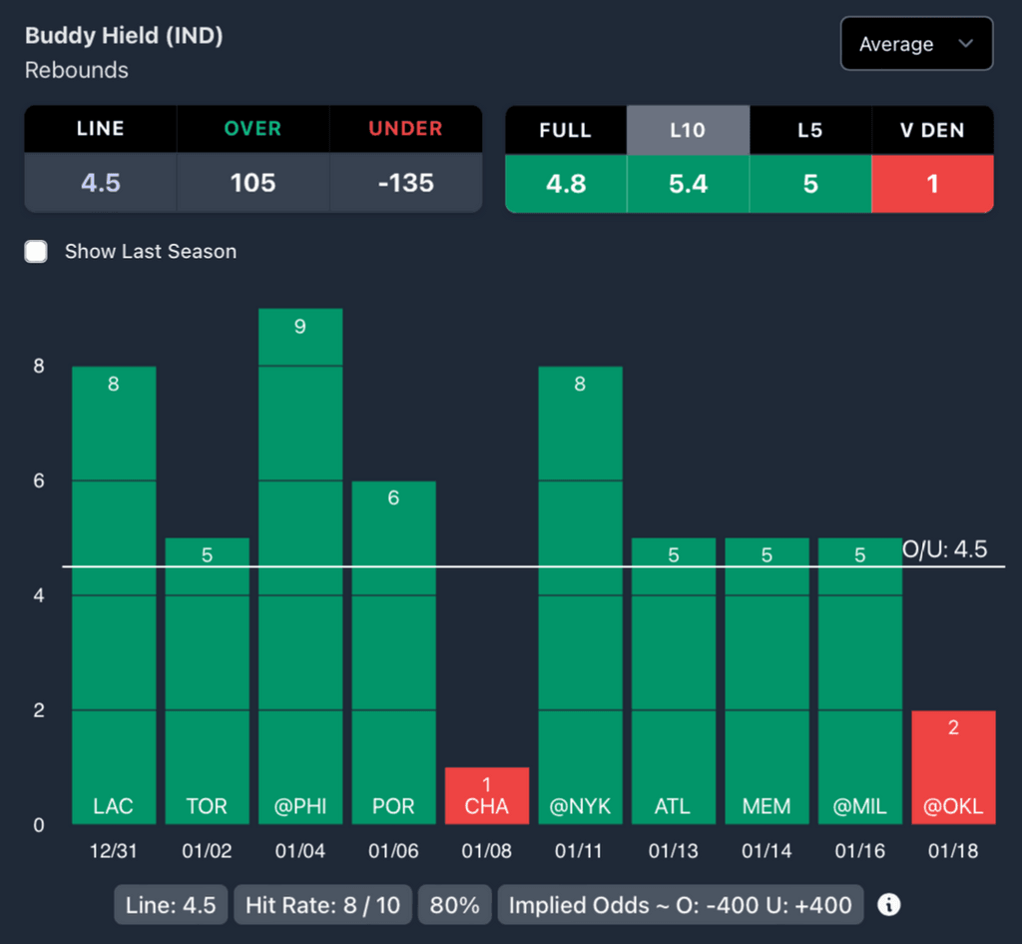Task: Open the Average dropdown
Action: [x=916, y=44]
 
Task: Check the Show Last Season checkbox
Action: [x=37, y=252]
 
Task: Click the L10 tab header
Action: [x=688, y=130]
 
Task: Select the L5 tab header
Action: [x=809, y=130]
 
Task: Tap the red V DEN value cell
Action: [x=932, y=184]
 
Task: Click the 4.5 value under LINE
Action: [x=101, y=183]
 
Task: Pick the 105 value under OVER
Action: [x=253, y=183]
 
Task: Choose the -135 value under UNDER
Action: [x=405, y=183]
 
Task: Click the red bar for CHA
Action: [x=487, y=795]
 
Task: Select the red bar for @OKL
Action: [x=953, y=767]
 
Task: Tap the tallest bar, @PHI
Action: [x=300, y=565]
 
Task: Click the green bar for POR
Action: [x=393, y=651]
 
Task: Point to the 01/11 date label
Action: [x=580, y=851]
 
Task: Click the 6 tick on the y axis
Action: [x=39, y=480]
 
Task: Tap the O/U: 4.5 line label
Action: [x=944, y=548]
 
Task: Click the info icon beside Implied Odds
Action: [x=888, y=905]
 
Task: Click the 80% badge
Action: [x=455, y=905]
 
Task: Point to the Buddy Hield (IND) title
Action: [x=124, y=36]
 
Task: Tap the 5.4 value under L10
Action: [x=688, y=184]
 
